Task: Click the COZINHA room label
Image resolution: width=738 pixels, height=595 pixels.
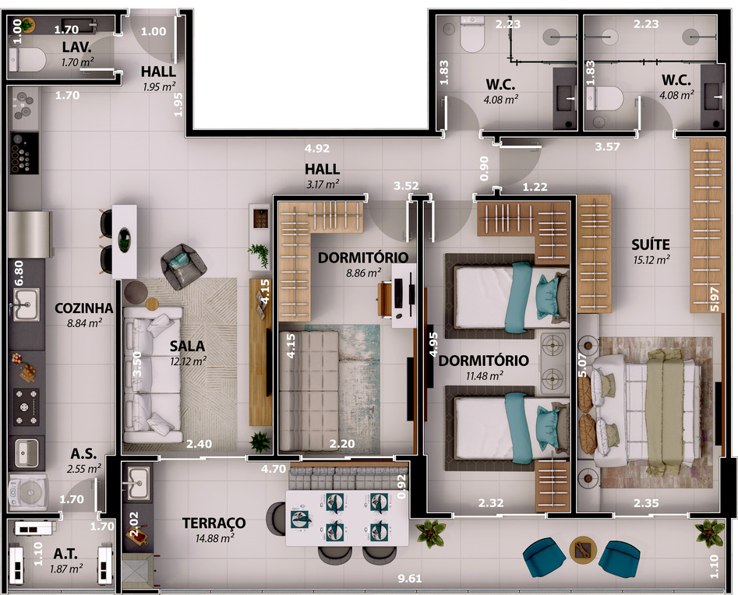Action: [x=84, y=308]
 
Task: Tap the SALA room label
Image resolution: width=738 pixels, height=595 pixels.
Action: [x=187, y=347]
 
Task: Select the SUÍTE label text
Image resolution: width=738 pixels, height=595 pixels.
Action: [x=651, y=245]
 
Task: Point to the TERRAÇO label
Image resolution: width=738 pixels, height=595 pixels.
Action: [x=214, y=523]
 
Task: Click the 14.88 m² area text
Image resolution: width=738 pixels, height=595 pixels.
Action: [x=214, y=537]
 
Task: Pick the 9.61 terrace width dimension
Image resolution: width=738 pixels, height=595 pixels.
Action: [x=409, y=578]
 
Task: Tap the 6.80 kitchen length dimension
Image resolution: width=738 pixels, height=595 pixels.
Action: [x=19, y=273]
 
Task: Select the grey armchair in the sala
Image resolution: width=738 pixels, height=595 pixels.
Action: [x=183, y=266]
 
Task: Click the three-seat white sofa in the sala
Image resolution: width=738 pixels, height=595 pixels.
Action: [x=153, y=375]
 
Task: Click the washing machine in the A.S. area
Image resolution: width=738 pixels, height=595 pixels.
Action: [x=28, y=492]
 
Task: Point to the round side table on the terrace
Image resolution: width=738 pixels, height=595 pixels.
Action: [x=583, y=549]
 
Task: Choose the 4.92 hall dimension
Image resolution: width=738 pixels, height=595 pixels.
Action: [x=316, y=149]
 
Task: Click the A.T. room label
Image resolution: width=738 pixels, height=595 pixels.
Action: [x=65, y=554]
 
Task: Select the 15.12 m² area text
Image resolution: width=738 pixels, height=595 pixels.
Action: [x=651, y=259]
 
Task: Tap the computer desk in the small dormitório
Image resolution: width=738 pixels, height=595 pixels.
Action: [x=398, y=295]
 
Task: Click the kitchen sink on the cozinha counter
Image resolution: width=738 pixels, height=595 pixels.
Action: [x=26, y=305]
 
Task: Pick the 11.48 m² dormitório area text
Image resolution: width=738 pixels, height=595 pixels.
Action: [x=484, y=376]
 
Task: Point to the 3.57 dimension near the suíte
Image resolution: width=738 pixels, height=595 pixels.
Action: [x=607, y=146]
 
